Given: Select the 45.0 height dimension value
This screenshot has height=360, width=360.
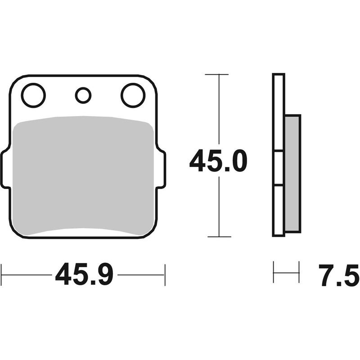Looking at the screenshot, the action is pos(218,161).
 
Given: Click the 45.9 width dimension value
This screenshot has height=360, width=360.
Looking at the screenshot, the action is pos(84,274).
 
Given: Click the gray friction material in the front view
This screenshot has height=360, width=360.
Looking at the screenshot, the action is pos(83,175).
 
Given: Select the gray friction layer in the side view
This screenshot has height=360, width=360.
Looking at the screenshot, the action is pos(292,174).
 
